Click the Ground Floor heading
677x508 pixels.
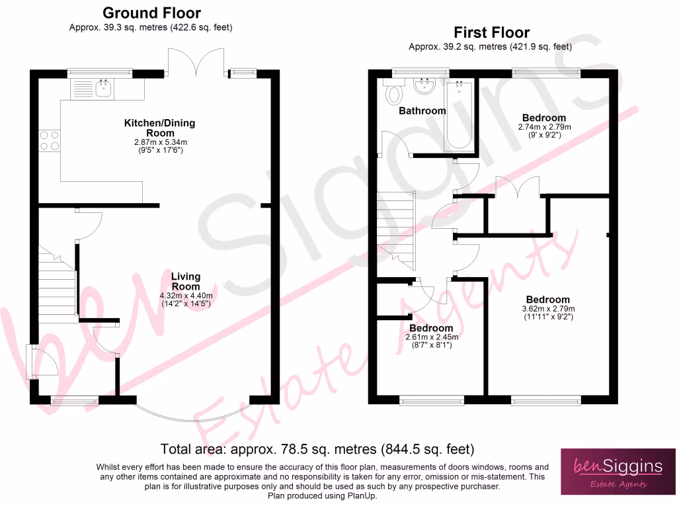(x=151, y=13)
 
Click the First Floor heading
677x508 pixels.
(x=491, y=32)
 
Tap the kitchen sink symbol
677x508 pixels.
(x=103, y=88)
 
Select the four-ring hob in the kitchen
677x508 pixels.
(x=50, y=140)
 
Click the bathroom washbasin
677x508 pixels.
(x=422, y=86)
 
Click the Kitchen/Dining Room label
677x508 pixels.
(x=159, y=128)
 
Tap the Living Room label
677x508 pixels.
(x=186, y=281)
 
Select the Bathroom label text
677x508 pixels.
(x=422, y=111)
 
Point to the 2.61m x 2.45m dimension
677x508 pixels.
(x=431, y=337)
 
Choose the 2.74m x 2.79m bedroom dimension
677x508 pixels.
(x=543, y=127)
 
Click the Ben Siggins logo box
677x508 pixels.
(x=618, y=471)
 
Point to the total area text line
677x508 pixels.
(x=318, y=450)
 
